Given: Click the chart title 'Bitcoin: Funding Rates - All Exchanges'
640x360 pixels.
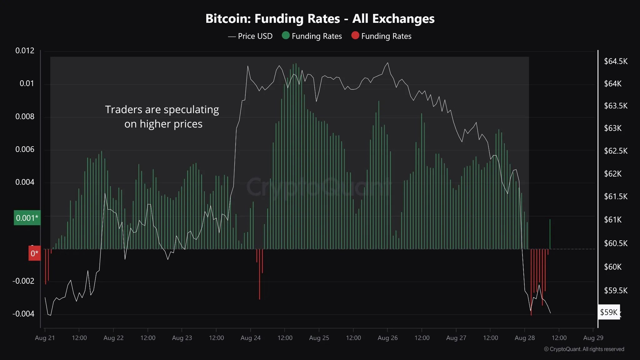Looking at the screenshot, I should coord(320,19).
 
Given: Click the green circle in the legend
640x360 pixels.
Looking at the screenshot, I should coord(286,35).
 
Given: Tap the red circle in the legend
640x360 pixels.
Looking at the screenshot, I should coord(355,35).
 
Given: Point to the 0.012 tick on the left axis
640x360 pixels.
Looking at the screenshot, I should coord(25,51).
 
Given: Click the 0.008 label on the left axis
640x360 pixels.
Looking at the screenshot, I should coord(25,117).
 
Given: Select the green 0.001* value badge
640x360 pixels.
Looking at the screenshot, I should coord(27,218).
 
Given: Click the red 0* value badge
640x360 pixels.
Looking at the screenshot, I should coord(34,253).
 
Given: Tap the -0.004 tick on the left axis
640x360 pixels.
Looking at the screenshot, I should coord(24,314).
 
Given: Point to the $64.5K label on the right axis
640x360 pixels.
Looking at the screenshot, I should coord(615,61).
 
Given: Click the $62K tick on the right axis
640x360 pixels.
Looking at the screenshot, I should coord(612,174).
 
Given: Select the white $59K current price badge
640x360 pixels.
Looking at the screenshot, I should coord(608,312).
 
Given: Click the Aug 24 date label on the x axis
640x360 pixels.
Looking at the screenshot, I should coord(250,338).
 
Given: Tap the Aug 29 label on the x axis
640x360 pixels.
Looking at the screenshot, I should coord(593,338).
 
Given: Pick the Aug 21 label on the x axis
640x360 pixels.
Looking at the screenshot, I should coord(45,338).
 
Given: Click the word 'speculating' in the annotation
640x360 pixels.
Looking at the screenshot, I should coord(191,110).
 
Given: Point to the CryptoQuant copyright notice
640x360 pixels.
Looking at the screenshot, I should coord(584,349).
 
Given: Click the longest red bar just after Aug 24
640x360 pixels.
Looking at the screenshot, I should coord(259,275).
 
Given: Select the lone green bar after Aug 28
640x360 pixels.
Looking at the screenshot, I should coord(550,234).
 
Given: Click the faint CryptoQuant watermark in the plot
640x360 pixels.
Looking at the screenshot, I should coord(319,187).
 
